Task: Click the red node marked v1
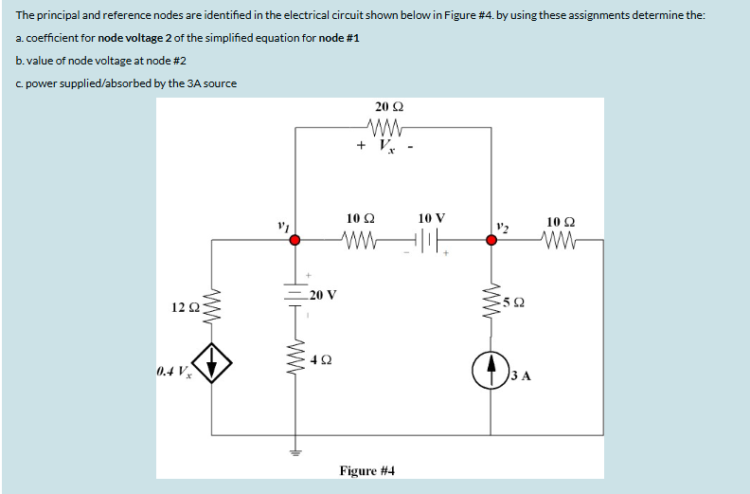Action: (x=295, y=241)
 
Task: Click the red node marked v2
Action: (x=491, y=241)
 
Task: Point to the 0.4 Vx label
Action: (x=173, y=369)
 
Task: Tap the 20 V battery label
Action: (x=324, y=295)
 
